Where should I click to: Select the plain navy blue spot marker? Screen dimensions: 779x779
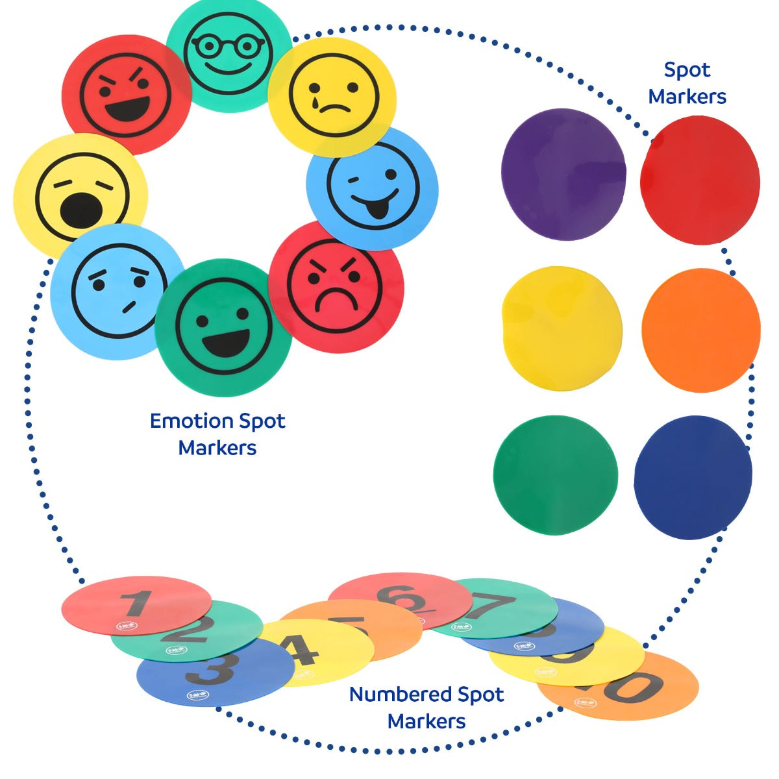pos(693,477)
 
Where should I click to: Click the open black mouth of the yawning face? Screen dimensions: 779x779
pos(80,210)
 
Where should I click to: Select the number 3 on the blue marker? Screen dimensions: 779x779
pos(212,669)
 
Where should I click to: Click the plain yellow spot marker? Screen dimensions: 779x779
pos(562,328)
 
